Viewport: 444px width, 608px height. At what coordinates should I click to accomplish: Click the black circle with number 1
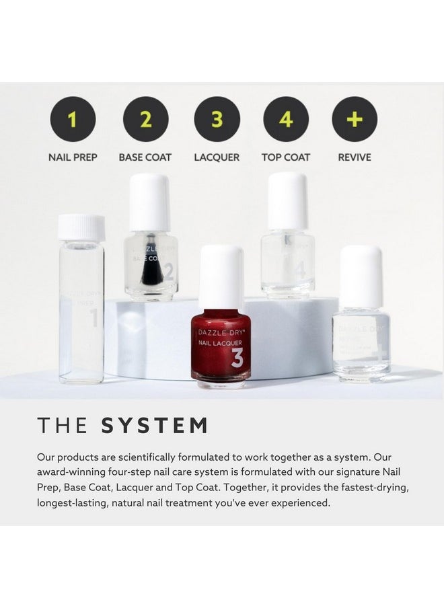(73, 119)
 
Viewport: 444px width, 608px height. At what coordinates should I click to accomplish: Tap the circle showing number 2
(145, 119)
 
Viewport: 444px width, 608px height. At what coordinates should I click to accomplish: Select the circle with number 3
(217, 119)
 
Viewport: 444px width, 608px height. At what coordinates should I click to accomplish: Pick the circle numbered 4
(286, 119)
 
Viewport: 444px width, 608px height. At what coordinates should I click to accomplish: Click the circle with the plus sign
(355, 119)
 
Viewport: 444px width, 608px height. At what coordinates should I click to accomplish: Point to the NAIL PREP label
(73, 157)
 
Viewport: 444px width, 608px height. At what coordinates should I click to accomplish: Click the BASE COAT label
(145, 157)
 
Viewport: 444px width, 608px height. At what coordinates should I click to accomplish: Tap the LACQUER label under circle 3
(217, 157)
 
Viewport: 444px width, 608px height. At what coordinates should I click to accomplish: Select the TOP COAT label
(286, 157)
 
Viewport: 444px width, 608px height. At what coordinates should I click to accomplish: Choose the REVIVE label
(355, 157)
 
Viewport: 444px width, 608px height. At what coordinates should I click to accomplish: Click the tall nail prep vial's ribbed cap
(81, 227)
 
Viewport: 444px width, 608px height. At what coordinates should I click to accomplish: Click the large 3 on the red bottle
(237, 358)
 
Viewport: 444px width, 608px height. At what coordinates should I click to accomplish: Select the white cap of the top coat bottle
(288, 200)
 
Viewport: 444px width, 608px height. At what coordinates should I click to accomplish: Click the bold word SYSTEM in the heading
(154, 426)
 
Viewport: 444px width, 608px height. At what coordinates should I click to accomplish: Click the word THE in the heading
(63, 426)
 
